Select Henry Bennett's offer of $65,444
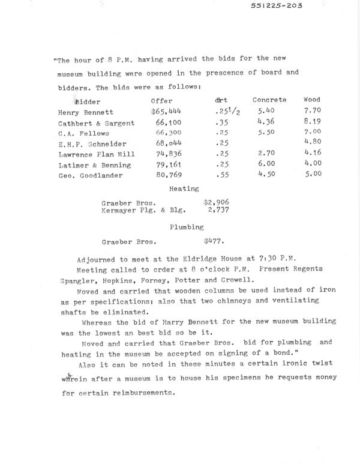pos(167,112)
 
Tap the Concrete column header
pos(269,100)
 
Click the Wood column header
pos(312,100)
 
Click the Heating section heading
pos(180,188)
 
